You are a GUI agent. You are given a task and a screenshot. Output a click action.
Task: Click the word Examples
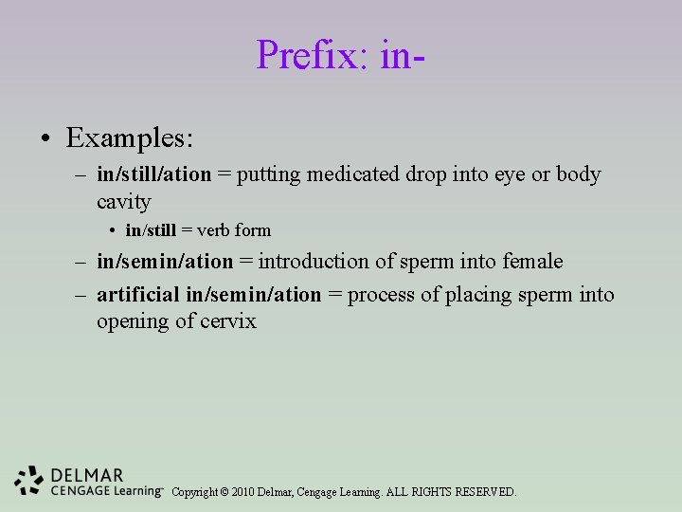[129, 138]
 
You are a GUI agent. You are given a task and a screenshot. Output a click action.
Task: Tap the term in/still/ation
[153, 175]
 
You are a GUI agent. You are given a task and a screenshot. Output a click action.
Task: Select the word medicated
[356, 175]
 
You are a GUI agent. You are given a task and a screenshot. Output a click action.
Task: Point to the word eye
[511, 175]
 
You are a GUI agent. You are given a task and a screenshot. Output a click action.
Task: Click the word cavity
[123, 202]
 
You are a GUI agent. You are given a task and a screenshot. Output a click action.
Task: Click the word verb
[215, 230]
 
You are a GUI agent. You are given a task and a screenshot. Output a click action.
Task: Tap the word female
[532, 262]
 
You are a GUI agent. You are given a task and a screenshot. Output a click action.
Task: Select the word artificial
[138, 295]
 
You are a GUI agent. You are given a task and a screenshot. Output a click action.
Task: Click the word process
[382, 295]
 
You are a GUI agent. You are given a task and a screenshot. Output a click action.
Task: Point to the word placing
[476, 295]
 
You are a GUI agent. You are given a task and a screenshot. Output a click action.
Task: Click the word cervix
[228, 321]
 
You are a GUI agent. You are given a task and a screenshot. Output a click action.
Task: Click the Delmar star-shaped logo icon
[30, 482]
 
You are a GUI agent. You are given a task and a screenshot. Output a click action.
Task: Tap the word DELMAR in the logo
[87, 474]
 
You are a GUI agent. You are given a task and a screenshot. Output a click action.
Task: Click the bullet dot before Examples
[45, 139]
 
